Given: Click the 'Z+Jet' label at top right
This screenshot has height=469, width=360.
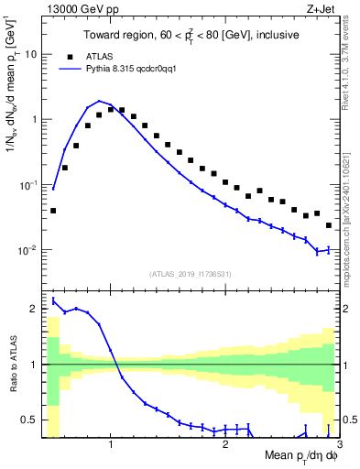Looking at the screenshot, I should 322,9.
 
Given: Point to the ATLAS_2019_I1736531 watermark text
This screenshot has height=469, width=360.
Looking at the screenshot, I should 190,274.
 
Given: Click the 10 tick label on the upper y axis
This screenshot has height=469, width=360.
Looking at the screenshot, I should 30,54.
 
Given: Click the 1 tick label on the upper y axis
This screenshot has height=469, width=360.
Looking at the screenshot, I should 33,119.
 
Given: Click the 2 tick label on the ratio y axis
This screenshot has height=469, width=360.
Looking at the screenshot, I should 34,309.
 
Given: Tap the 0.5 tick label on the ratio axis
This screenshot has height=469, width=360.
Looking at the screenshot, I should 30,420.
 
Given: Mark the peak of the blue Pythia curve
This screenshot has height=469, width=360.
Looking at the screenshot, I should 99,101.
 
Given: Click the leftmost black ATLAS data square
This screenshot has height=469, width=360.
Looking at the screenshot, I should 53,211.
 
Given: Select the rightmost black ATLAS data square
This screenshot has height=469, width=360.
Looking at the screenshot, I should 329,225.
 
